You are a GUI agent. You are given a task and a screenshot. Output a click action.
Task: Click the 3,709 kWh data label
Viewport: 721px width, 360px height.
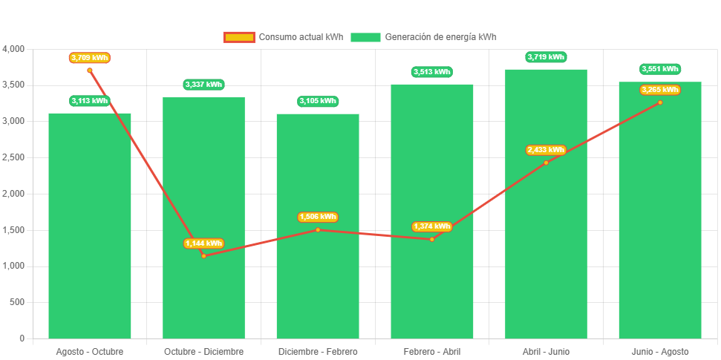[90, 57]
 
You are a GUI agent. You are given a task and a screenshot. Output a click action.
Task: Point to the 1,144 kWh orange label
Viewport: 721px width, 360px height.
[203, 243]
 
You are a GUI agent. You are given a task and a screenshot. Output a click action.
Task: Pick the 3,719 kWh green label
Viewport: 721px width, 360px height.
[546, 56]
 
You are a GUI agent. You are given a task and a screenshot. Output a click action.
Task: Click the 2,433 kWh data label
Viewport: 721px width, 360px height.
[546, 150]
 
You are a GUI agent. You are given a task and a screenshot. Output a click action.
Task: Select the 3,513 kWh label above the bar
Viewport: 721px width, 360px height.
[431, 72]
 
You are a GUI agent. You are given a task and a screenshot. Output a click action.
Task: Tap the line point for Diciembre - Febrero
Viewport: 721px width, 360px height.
[318, 229]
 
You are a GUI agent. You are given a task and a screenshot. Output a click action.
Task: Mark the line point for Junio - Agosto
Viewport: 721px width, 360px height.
[659, 102]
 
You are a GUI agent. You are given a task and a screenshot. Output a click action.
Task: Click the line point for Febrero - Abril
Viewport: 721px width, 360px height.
[431, 239]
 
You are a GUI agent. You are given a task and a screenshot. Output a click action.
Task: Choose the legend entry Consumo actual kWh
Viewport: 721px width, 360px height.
[283, 37]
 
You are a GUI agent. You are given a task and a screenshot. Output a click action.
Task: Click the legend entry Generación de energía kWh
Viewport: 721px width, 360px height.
[424, 37]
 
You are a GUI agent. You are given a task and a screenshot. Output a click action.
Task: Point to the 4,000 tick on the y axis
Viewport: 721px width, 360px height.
[13, 49]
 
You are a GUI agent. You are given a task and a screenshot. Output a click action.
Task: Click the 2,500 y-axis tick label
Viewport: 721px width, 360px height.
[13, 157]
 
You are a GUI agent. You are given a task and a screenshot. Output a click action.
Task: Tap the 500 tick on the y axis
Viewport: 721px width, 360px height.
[17, 302]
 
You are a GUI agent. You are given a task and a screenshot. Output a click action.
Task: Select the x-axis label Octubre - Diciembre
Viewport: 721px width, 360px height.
[203, 351]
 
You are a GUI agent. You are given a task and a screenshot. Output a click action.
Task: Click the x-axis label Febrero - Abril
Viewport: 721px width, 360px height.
[431, 351]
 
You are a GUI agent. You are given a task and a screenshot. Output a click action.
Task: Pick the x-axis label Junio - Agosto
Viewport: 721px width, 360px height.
[659, 351]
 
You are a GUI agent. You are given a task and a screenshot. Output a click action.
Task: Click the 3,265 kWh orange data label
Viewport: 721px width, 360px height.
[659, 90]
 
